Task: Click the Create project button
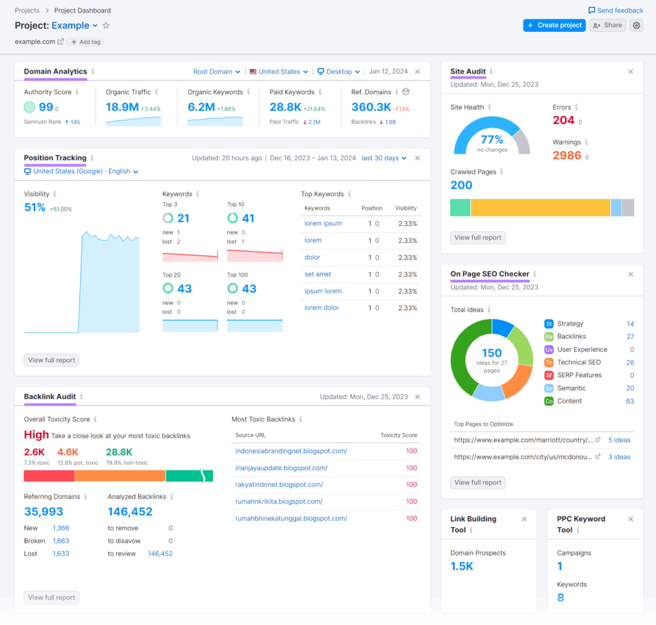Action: click(554, 25)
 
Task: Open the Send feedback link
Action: click(616, 10)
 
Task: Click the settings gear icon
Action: click(636, 25)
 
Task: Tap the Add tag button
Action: click(86, 42)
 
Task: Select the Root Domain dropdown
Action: click(217, 72)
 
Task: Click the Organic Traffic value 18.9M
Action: click(122, 107)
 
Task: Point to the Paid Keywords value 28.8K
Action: click(286, 107)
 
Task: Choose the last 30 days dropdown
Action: click(384, 158)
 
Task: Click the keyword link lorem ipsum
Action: click(323, 223)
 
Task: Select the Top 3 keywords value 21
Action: click(183, 218)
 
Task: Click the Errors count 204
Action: click(563, 120)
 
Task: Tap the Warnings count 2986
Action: click(567, 156)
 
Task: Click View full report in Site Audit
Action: click(478, 238)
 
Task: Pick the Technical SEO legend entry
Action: click(578, 362)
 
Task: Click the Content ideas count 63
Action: click(630, 401)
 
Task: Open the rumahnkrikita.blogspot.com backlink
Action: click(279, 501)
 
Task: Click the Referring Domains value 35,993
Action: click(44, 512)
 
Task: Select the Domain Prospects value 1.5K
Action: click(462, 566)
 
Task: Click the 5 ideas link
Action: click(619, 440)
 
